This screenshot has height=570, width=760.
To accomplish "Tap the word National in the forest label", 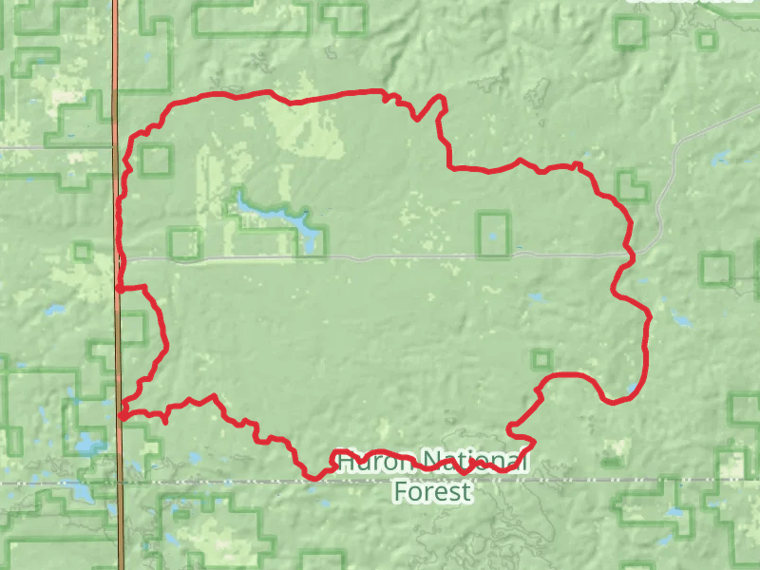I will tap(472, 463).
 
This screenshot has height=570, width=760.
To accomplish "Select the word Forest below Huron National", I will tap(432, 492).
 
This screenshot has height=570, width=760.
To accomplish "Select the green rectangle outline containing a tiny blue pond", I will tap(492, 234).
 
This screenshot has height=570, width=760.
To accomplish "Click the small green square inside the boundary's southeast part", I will tap(541, 359).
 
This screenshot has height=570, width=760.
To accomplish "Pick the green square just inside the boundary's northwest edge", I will tap(155, 160).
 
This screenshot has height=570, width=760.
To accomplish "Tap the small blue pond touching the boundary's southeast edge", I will tap(633, 389).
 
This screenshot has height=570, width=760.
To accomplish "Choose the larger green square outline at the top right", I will tap(630, 33).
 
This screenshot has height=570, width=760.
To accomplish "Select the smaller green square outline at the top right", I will tap(706, 40).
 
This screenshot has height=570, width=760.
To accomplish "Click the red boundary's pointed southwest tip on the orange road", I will tap(123, 414).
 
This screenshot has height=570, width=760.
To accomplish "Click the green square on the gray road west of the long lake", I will tap(184, 243).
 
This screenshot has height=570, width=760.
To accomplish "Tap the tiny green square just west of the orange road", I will tap(83, 252).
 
